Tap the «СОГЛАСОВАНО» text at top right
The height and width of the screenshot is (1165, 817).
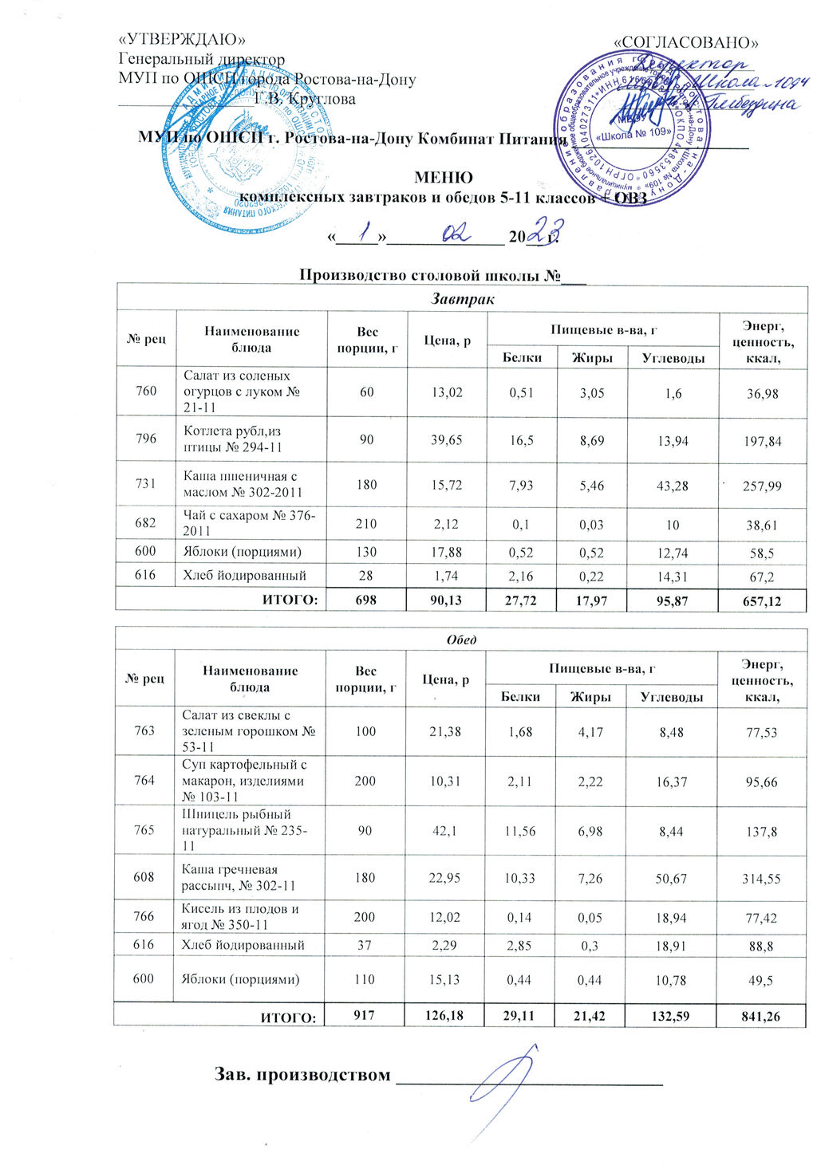[x=686, y=42]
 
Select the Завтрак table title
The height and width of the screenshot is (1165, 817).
[x=462, y=299]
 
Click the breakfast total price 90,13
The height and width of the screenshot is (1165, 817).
[x=446, y=600]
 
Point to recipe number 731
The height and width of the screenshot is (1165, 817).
[x=146, y=484]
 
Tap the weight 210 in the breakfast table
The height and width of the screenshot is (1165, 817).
[x=367, y=524]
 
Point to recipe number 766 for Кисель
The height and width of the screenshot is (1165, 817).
[x=144, y=916]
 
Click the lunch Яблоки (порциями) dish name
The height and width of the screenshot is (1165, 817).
[x=241, y=979]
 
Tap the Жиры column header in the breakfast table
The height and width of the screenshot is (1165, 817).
[x=592, y=358]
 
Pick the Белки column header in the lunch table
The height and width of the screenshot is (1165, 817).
[x=520, y=696]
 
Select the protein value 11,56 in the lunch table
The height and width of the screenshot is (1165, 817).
[x=520, y=831]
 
